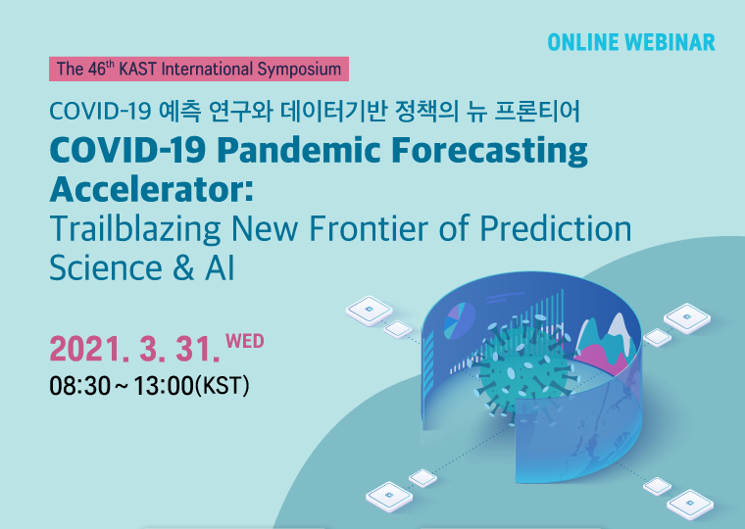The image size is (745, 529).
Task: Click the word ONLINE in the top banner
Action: [583, 42]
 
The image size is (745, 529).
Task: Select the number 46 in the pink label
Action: [97, 70]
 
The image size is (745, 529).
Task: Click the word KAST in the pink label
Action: [137, 70]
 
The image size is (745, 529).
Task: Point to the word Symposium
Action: [299, 70]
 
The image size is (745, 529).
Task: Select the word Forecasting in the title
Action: [490, 152]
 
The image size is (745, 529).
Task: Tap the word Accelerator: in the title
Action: [152, 189]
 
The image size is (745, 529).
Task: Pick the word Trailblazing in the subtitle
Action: [135, 230]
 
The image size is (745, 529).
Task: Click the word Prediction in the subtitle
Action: [556, 228]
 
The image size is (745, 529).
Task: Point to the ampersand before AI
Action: [183, 268]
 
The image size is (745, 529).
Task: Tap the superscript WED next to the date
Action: [245, 342]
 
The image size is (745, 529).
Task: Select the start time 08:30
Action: [79, 386]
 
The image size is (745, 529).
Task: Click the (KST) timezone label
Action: [222, 386]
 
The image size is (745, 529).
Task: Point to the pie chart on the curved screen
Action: [459, 320]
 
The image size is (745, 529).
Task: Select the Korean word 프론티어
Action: [537, 111]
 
